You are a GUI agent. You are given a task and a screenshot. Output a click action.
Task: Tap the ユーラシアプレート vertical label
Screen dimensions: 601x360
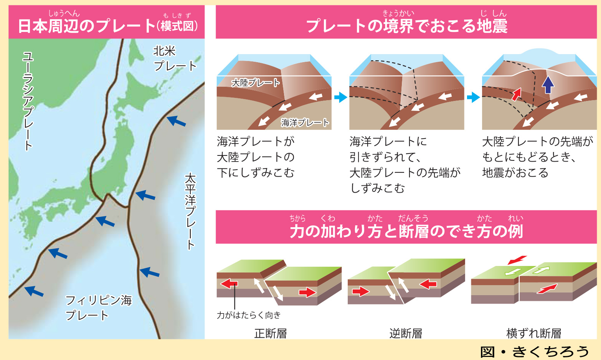point(28,101)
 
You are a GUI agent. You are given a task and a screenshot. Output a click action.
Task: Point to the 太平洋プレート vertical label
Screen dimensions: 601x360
point(190,211)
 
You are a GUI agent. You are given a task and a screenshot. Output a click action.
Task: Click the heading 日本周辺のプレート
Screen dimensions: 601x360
point(87,26)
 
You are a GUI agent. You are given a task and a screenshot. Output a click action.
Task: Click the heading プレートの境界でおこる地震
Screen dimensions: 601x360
point(407,26)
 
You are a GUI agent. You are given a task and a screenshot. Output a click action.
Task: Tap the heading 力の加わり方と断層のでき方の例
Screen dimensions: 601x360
point(406,231)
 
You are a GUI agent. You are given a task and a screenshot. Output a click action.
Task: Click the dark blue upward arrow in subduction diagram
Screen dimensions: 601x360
point(548,85)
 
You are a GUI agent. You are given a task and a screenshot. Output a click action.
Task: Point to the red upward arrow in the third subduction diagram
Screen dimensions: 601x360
point(517,94)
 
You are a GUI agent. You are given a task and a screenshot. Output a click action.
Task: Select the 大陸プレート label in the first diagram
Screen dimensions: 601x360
point(256,83)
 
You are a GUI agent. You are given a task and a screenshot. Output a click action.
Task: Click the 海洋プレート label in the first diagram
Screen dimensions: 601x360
point(305,122)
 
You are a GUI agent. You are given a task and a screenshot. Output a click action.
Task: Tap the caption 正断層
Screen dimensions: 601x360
point(271,334)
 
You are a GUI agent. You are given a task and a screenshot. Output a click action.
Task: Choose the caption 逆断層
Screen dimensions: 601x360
point(406,334)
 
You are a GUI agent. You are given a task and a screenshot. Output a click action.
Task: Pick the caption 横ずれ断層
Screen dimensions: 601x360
point(534,334)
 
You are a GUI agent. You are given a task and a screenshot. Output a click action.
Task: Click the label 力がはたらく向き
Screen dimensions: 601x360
point(248,315)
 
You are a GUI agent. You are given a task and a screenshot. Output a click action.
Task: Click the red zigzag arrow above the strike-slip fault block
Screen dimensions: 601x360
point(517,260)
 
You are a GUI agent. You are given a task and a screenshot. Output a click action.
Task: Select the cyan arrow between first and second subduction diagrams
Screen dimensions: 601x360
point(341,97)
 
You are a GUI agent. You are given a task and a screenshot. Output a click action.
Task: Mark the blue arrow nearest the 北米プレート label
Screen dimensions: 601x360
point(176,121)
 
